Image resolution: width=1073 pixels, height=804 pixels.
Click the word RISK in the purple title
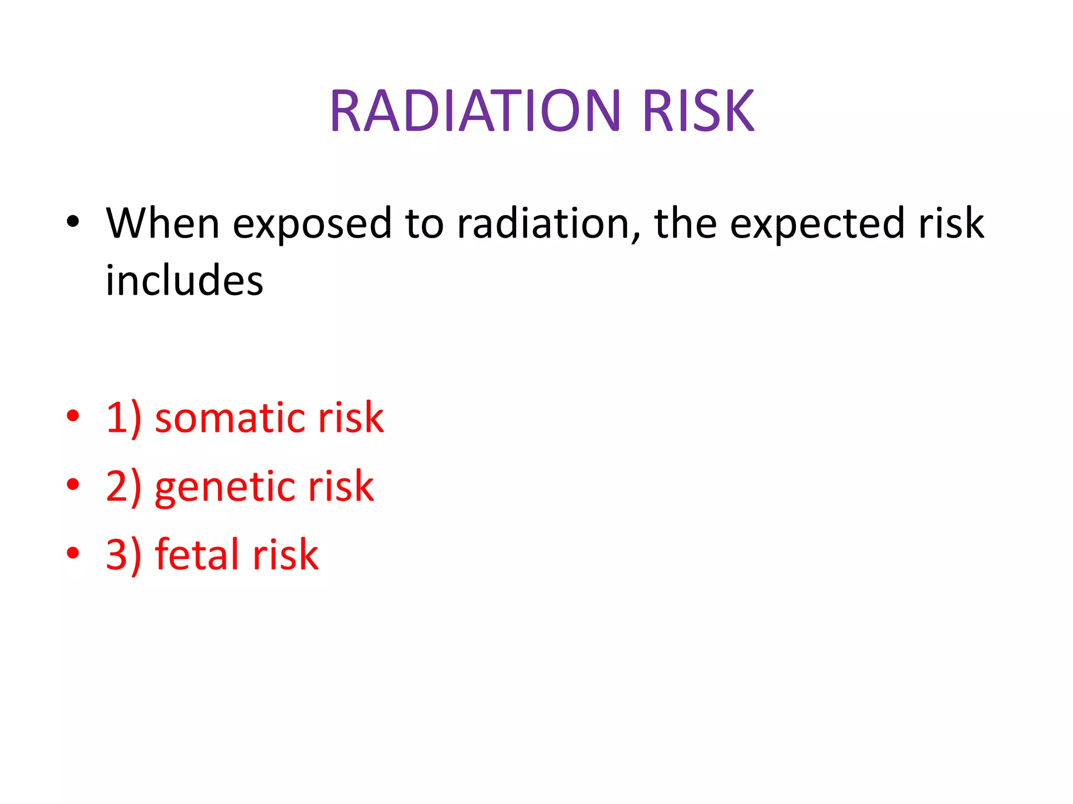click(698, 111)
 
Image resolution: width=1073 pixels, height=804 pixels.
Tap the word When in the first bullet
click(162, 224)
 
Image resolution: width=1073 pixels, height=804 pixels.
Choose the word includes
click(184, 281)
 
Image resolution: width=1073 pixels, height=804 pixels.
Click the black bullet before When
click(73, 222)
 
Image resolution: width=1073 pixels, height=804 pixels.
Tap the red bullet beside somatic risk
click(73, 416)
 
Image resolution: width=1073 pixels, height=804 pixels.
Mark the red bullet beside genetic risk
click(73, 484)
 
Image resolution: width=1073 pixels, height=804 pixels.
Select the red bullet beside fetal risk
click(73, 552)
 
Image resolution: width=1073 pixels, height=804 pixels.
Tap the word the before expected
click(685, 224)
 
